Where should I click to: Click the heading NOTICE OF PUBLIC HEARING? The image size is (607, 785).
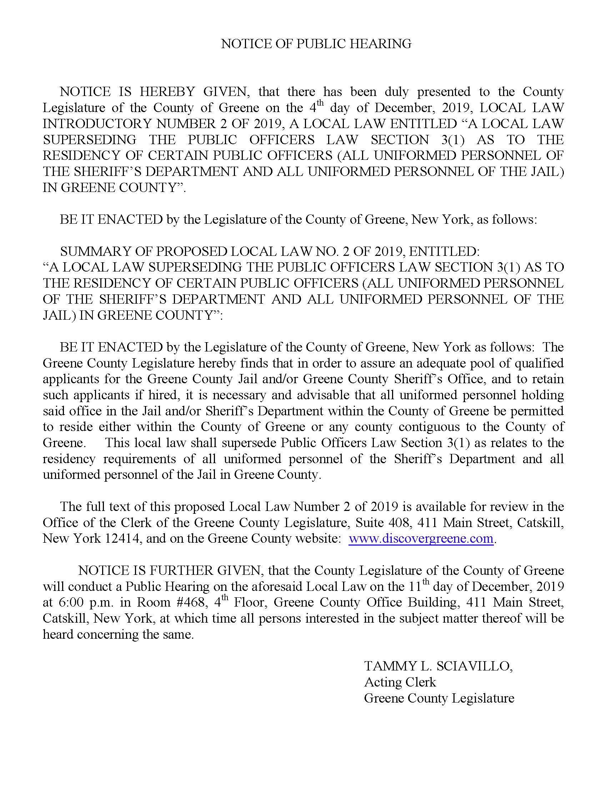click(316, 44)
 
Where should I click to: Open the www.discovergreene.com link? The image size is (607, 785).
click(421, 538)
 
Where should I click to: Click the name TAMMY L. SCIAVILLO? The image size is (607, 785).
click(438, 667)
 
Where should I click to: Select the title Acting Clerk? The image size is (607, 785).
click(400, 682)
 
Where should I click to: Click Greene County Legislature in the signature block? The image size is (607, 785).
click(439, 698)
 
